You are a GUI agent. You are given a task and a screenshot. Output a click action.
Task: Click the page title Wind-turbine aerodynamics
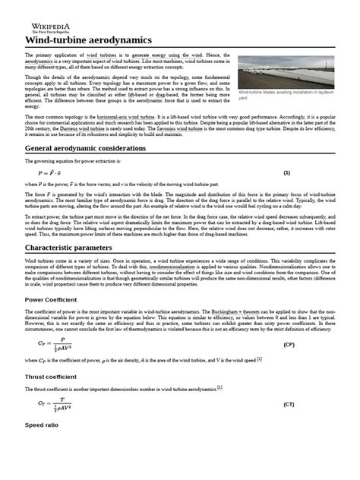(x=88, y=39)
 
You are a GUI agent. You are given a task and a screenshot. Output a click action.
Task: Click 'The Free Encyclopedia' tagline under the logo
(x=44, y=30)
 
